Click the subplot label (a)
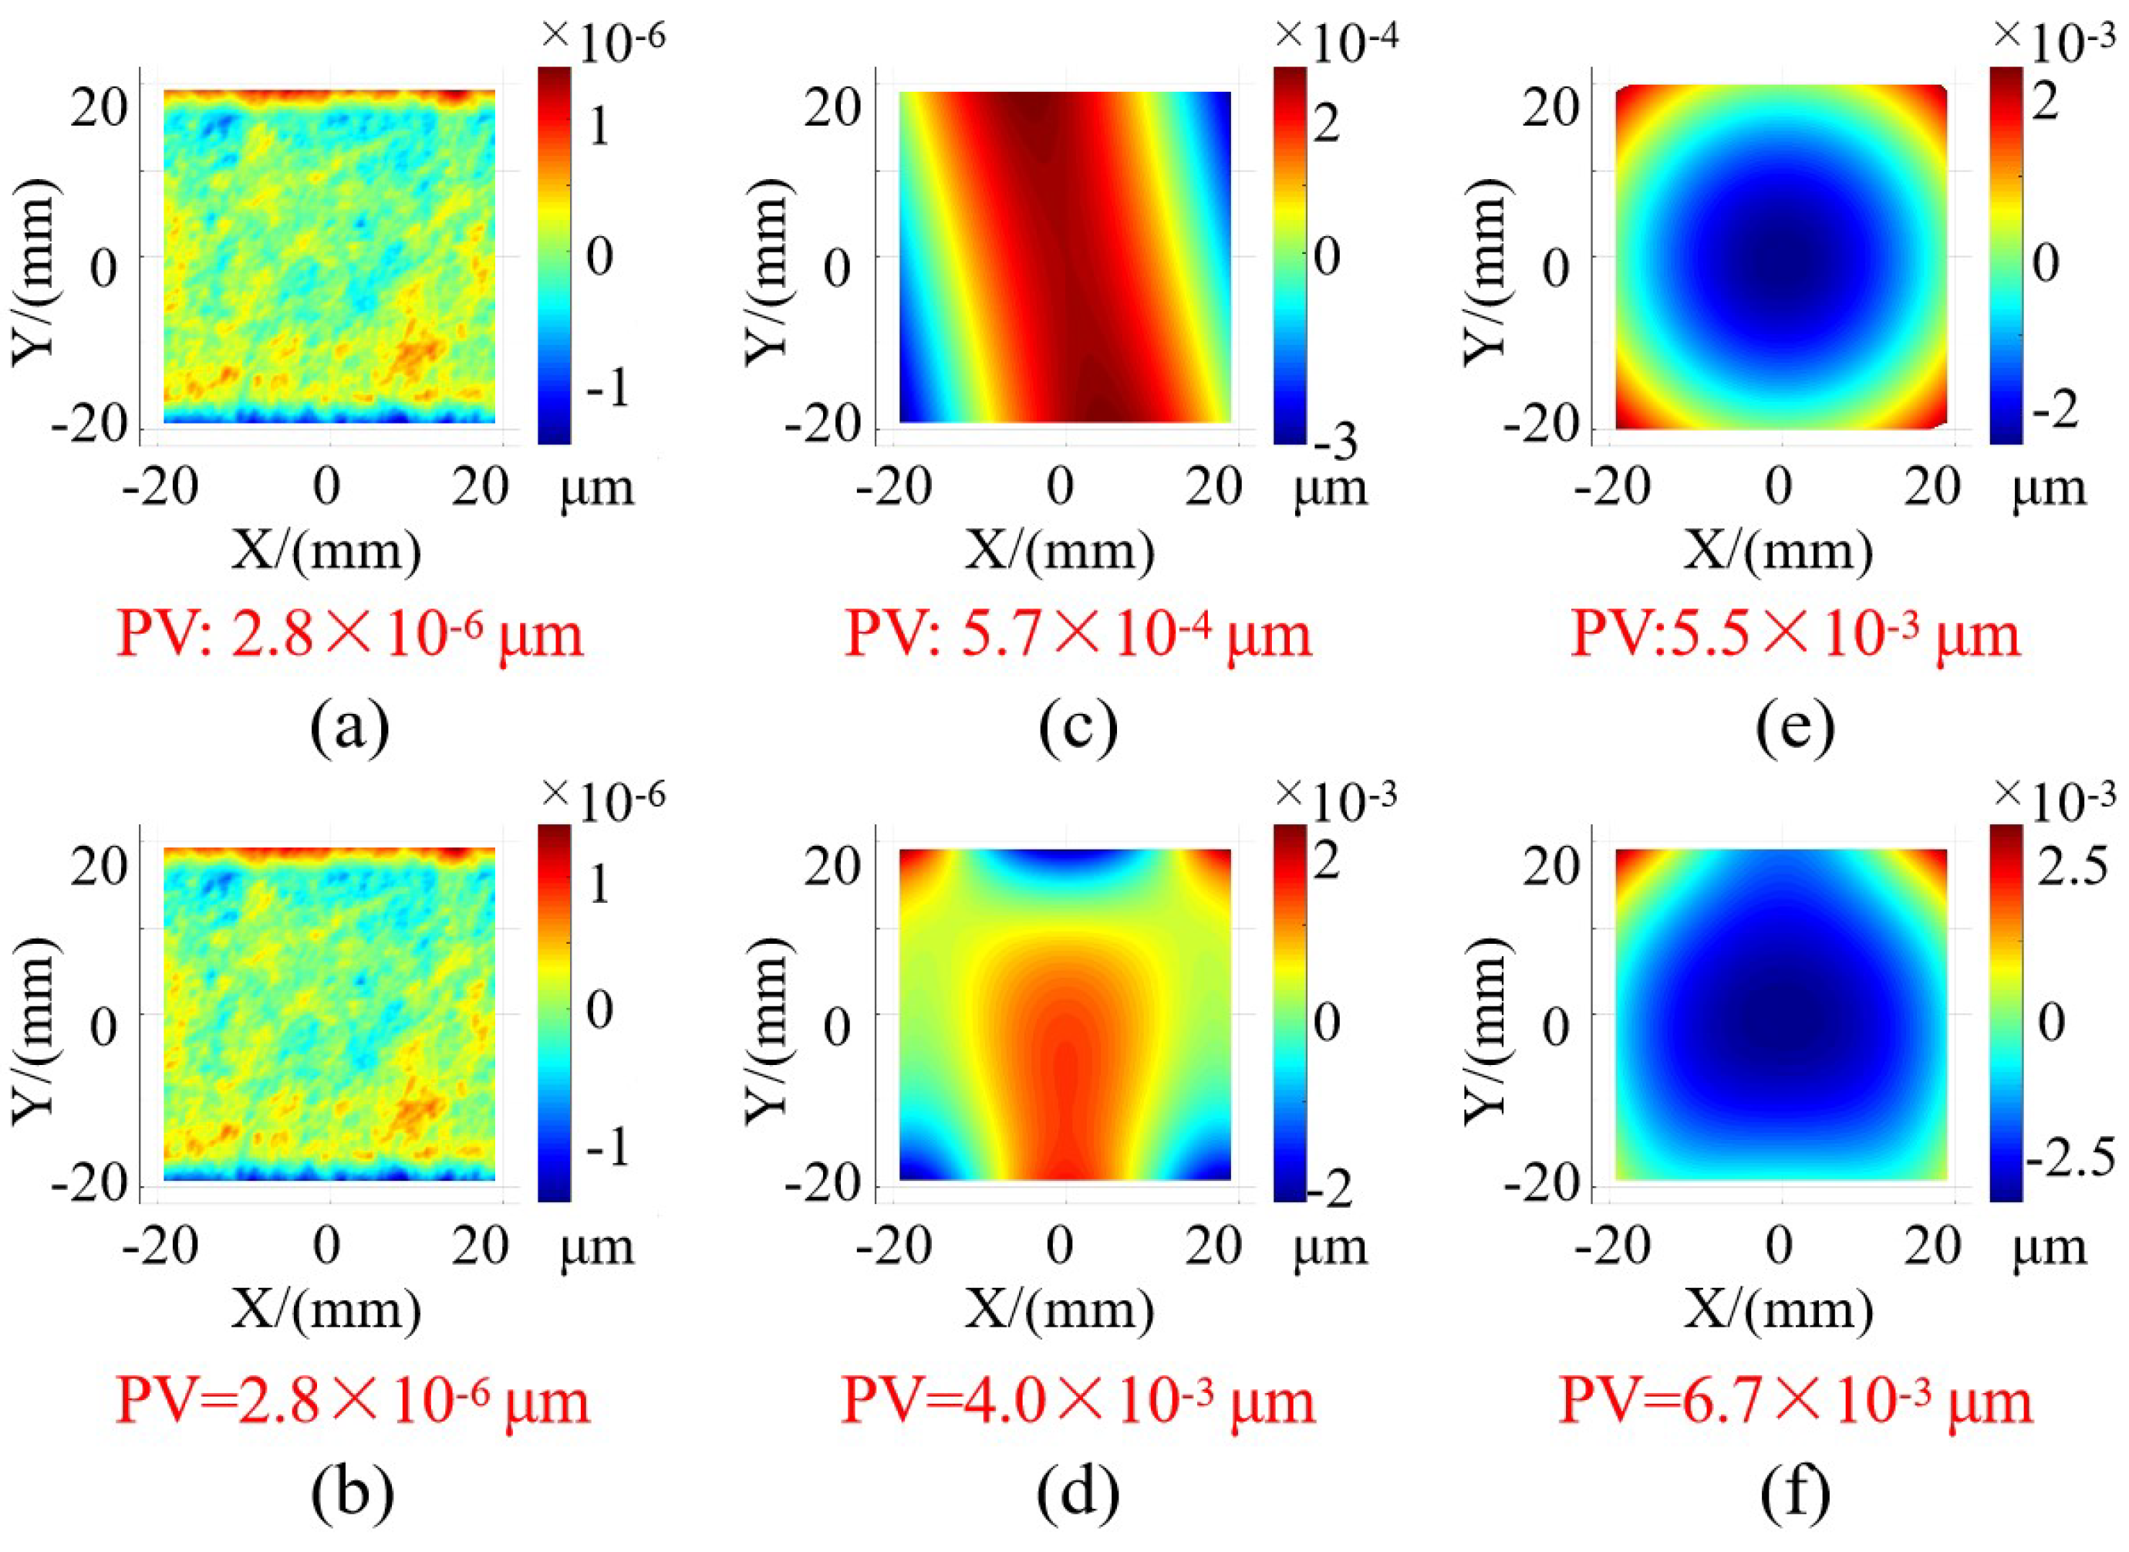(x=349, y=726)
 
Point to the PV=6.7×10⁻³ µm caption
(x=1795, y=1400)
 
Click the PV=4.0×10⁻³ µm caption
(x=1078, y=1400)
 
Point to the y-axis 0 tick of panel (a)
(x=103, y=268)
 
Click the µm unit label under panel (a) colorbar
(x=597, y=489)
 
